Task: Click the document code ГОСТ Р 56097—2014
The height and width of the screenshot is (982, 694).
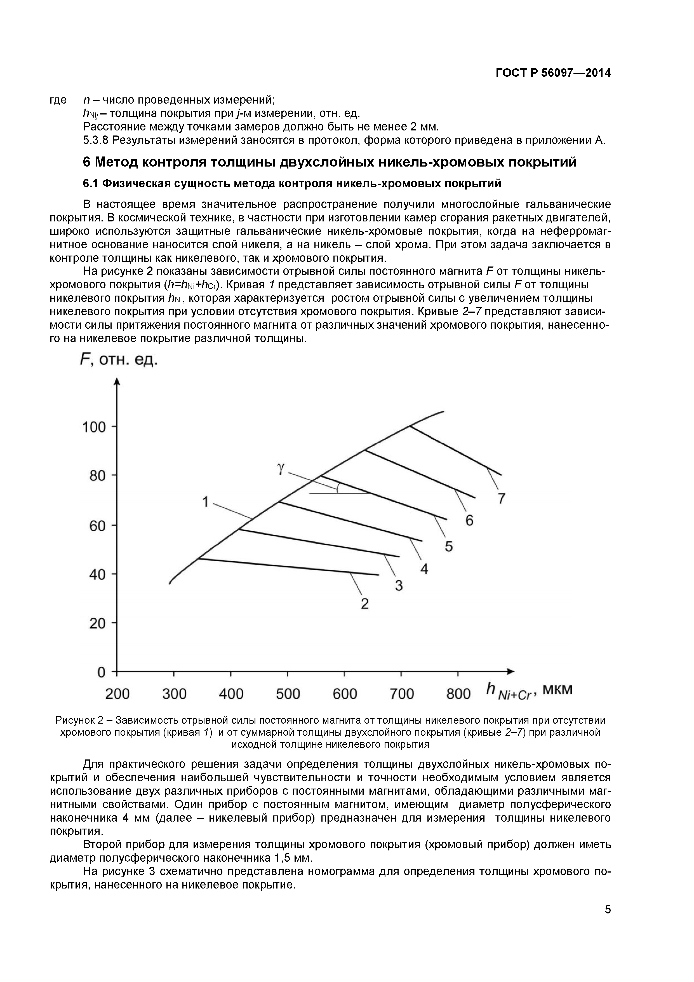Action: point(553,73)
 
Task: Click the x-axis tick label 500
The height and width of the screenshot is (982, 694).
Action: point(288,694)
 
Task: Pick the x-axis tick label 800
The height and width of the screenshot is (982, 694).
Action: point(458,694)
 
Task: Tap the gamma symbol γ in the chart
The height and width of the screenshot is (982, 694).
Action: point(280,469)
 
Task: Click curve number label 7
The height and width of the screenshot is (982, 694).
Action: point(501,498)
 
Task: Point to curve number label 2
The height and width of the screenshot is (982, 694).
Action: point(364,604)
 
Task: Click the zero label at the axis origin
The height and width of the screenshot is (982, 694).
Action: point(101,673)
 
